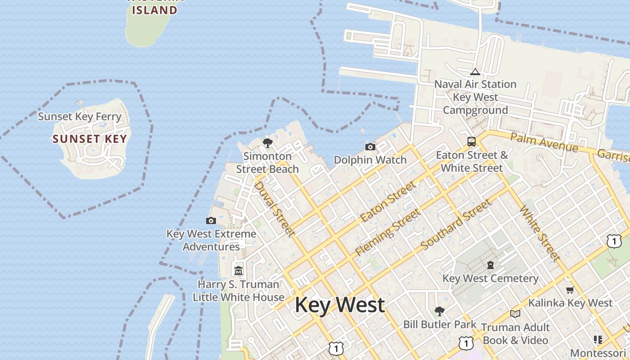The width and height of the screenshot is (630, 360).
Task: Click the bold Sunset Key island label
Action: (x=90, y=139)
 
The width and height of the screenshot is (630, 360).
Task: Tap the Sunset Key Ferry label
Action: (x=80, y=117)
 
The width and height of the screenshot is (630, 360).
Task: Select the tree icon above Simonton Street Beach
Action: (x=268, y=143)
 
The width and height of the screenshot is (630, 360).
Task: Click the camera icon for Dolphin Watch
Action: (x=370, y=147)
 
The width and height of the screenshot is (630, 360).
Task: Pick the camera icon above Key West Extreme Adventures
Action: (x=211, y=220)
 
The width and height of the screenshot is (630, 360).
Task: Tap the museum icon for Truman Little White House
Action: (x=238, y=270)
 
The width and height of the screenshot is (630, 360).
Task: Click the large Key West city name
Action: (x=340, y=305)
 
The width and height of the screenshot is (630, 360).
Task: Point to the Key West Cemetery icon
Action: (x=490, y=265)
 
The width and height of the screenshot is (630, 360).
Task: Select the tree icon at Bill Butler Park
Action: (x=440, y=311)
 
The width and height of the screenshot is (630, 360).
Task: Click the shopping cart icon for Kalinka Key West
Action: (x=570, y=290)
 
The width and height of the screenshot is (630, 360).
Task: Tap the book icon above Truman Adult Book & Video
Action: (x=515, y=314)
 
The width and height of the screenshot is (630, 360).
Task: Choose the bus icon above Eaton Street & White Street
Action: (x=472, y=142)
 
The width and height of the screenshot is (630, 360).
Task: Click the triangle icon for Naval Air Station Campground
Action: (x=475, y=71)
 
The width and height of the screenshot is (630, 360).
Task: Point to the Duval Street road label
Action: (x=274, y=208)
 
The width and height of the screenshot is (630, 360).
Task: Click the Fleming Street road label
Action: (x=388, y=232)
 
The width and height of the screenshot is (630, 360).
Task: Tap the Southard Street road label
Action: (x=456, y=225)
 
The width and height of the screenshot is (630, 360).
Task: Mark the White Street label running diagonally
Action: (x=540, y=234)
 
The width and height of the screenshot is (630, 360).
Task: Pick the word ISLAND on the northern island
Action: (x=154, y=10)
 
